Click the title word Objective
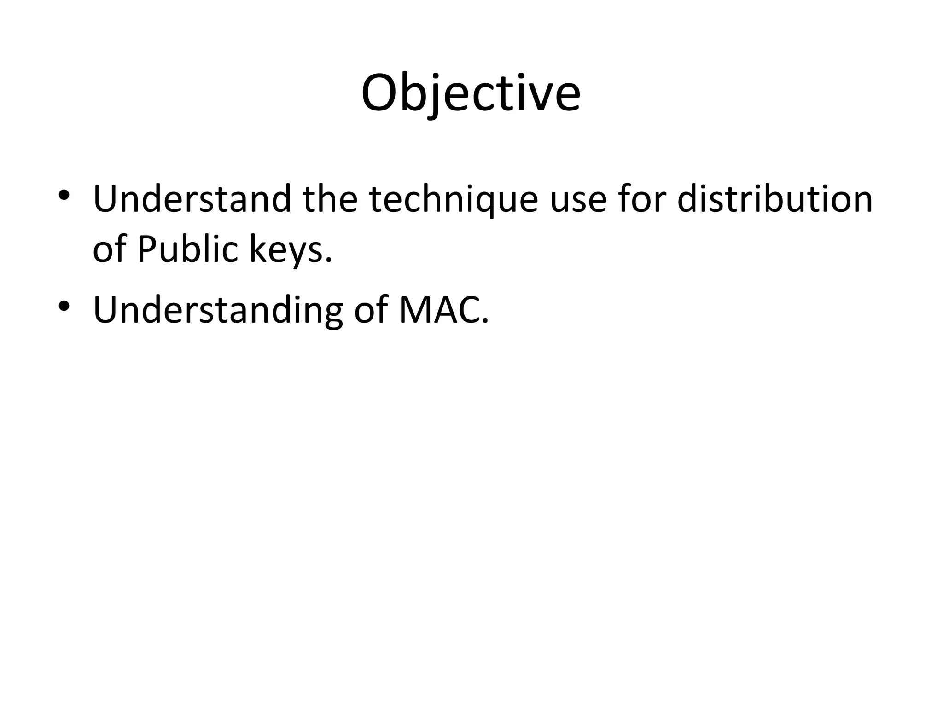coord(471,93)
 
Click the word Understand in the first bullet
coord(192,199)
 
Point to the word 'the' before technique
coord(330,199)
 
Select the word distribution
coord(775,199)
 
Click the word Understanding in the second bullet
coord(218,310)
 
